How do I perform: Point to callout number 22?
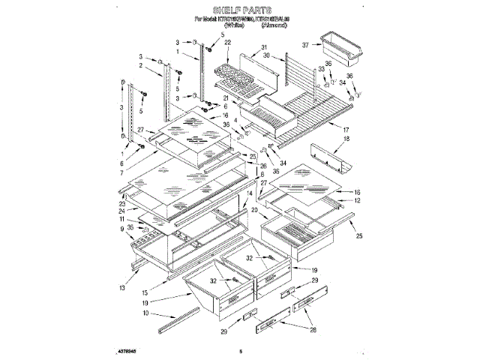tap(227, 44)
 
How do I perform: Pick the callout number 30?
tap(266, 56)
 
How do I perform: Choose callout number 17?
tap(346, 129)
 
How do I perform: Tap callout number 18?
tap(346, 139)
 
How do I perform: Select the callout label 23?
tap(121, 203)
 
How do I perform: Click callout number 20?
tap(255, 211)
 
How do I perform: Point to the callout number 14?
tap(249, 193)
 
